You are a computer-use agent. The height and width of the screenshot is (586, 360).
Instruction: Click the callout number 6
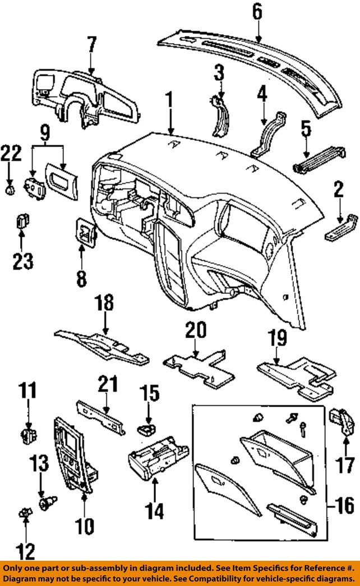[x=257, y=13]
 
